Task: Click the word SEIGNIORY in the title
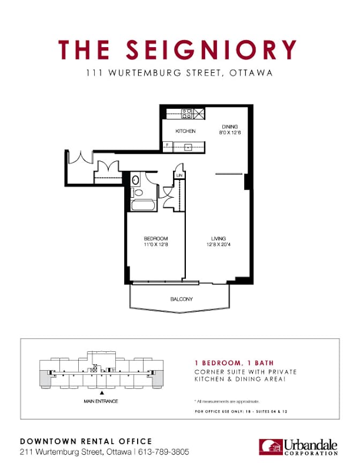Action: (211, 50)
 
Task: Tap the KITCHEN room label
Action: (185, 131)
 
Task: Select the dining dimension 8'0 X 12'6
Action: (230, 132)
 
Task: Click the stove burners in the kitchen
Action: (186, 114)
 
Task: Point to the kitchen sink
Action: (187, 147)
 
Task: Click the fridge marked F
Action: (168, 147)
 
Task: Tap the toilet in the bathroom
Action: (138, 193)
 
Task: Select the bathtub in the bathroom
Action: (143, 205)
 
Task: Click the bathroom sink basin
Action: (135, 180)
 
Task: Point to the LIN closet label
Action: (179, 176)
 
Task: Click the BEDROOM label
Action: (156, 238)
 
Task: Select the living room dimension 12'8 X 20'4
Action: (219, 245)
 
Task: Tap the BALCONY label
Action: (181, 299)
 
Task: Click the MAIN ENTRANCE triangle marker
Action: (102, 393)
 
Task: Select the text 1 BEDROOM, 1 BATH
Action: (234, 363)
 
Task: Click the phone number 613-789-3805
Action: (163, 452)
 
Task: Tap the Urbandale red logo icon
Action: (271, 447)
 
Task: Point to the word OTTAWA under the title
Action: (251, 73)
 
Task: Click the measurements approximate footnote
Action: (227, 402)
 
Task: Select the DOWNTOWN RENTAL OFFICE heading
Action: (86, 441)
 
